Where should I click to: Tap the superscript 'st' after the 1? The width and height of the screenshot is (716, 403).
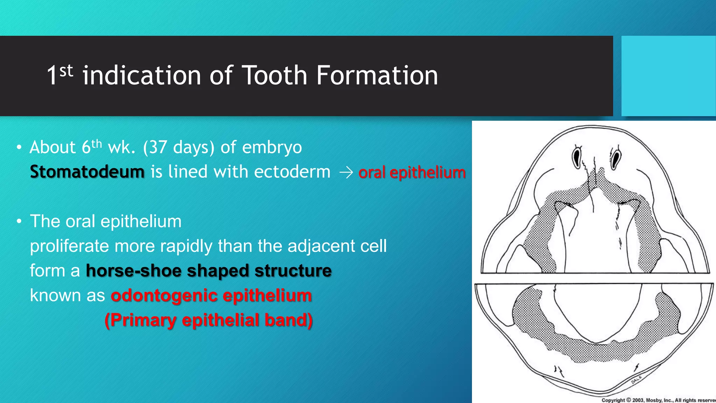66,71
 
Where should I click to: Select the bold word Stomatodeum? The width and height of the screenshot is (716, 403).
87,172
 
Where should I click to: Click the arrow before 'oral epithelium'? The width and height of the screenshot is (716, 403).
346,172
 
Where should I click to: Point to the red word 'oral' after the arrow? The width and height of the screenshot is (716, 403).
372,172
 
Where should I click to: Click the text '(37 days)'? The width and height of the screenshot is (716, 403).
178,147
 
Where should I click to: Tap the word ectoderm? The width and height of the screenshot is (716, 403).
292,172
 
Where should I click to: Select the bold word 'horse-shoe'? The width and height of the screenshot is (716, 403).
134,271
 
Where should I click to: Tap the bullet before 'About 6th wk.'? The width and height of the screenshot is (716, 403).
19,147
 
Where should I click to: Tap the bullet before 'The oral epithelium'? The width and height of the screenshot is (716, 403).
19,221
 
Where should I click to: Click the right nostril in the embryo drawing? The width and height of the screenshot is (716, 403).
616,158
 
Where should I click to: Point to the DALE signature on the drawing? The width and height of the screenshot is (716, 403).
636,379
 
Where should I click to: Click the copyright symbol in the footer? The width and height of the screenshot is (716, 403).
628,400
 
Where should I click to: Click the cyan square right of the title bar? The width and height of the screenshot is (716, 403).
668,76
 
